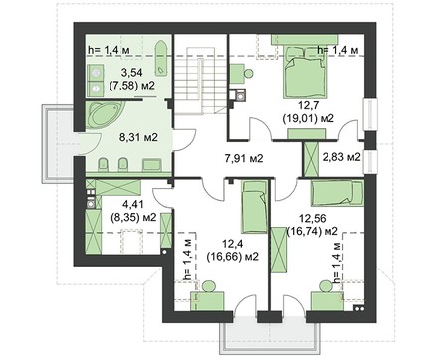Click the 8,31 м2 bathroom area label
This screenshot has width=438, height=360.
tap(138, 137)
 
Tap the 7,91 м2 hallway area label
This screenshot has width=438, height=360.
tap(244, 159)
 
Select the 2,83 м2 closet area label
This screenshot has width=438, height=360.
tap(341, 157)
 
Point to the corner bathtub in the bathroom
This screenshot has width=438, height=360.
tap(105, 116)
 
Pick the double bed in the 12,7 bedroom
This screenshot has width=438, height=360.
tap(304, 73)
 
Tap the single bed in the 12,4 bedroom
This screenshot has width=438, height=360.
tap(254, 207)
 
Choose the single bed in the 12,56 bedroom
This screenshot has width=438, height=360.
tap(337, 193)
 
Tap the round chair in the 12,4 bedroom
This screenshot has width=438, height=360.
tap(209, 286)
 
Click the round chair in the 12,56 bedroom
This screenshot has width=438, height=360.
tap(325, 286)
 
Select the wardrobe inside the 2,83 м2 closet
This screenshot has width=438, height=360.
tap(311, 159)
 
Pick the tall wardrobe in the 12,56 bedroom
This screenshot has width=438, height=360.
tap(279, 250)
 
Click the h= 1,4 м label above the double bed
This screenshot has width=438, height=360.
tap(338, 50)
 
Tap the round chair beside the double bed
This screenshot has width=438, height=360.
tap(248, 72)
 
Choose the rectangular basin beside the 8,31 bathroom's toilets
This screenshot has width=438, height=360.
tap(152, 164)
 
